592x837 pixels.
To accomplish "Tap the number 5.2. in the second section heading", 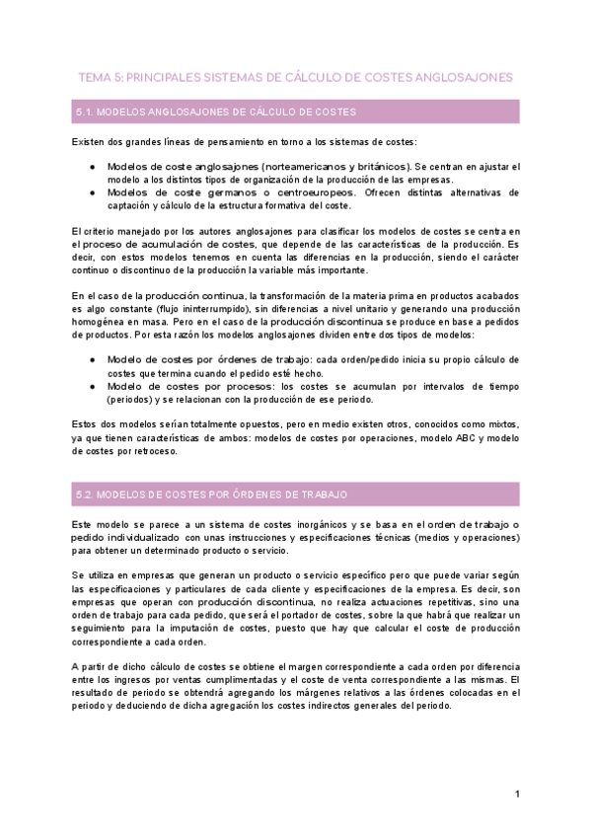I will click(85, 494).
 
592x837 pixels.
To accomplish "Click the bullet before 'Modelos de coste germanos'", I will click(92, 192).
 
